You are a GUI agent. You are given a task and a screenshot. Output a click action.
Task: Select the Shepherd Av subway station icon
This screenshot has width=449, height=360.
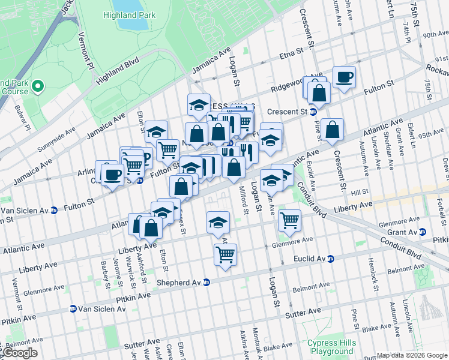[x=206, y=282]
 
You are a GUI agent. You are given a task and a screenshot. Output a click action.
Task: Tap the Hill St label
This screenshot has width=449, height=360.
[x=360, y=193]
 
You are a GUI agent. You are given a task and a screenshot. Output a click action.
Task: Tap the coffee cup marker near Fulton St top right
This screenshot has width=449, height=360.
[x=344, y=76]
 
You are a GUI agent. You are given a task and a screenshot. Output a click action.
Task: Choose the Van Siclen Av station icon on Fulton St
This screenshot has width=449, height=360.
[x=54, y=210]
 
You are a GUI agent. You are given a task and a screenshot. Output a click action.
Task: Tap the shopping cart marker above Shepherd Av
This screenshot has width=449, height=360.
[x=225, y=253]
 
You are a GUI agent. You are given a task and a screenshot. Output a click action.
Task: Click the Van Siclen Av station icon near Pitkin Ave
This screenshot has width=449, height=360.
[x=73, y=309]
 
